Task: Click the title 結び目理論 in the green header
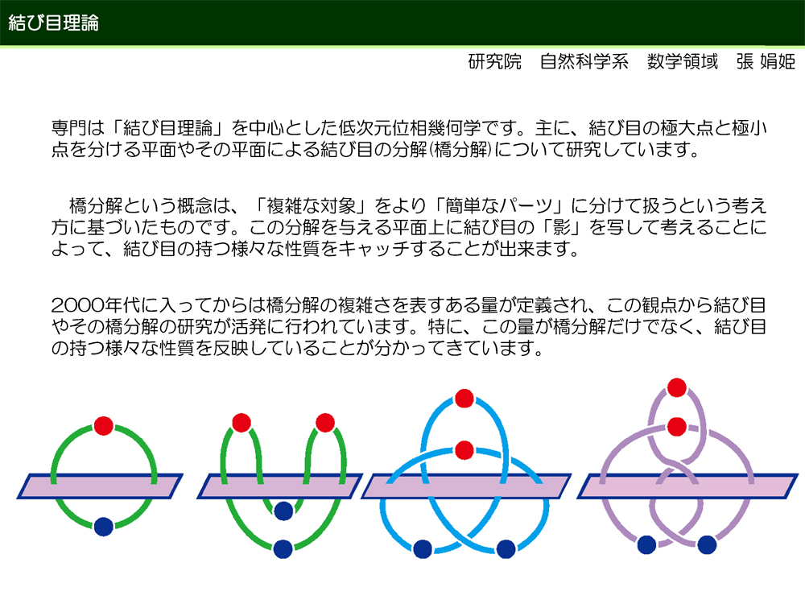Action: point(53,23)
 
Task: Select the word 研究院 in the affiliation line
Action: point(495,62)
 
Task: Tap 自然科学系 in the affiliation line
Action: point(584,62)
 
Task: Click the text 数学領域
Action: point(683,62)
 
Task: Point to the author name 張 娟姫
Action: point(766,62)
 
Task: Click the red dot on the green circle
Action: point(104,426)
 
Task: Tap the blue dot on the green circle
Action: point(104,527)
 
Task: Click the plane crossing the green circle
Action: point(100,486)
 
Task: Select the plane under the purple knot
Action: point(688,486)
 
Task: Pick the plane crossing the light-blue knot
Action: point(466,486)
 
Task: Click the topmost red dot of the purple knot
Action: point(677,387)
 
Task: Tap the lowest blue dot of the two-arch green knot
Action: point(283,549)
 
